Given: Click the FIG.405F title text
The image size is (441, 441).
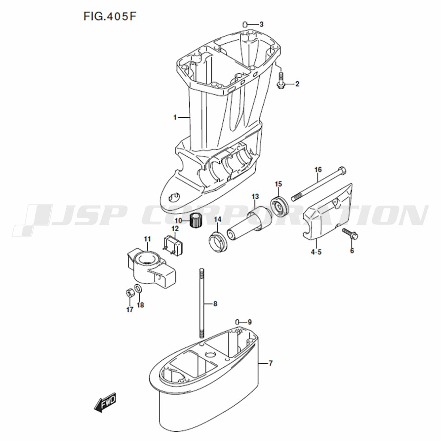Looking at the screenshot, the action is click(110, 16).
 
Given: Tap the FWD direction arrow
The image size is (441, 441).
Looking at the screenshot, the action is click(105, 403).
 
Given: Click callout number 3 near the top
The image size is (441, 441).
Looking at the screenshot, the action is click(262, 24).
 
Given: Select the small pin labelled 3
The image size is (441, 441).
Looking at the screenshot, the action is click(245, 24).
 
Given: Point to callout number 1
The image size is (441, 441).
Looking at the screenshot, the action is click(175, 117).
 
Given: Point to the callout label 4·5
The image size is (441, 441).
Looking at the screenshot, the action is click(316, 252).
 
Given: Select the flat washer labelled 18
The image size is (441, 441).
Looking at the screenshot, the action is click(138, 289).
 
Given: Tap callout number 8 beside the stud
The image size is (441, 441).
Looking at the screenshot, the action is click(215, 304).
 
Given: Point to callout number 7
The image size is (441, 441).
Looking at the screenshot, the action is click(271, 363).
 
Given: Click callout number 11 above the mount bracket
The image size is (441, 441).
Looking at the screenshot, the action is click(147, 239).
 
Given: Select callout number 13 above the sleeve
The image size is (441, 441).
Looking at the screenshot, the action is click(255, 196).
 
